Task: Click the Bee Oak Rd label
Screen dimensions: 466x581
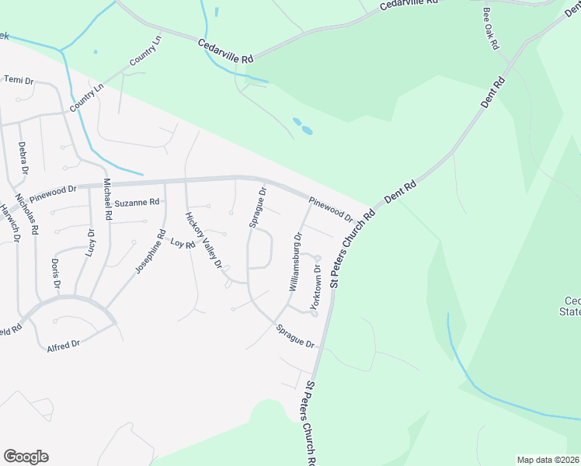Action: [490, 30]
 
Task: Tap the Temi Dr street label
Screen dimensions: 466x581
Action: [19, 80]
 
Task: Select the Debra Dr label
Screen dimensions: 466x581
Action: [23, 158]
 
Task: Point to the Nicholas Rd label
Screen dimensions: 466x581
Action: [30, 212]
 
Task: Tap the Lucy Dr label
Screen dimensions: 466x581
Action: [91, 243]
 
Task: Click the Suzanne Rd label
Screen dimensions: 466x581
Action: [137, 203]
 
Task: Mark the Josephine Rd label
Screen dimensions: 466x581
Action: [151, 251]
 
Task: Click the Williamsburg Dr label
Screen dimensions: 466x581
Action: [295, 261]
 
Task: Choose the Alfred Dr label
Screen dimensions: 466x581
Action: [64, 344]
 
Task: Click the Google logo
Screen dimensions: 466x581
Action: [26, 457]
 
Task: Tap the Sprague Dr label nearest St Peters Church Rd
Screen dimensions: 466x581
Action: [294, 337]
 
